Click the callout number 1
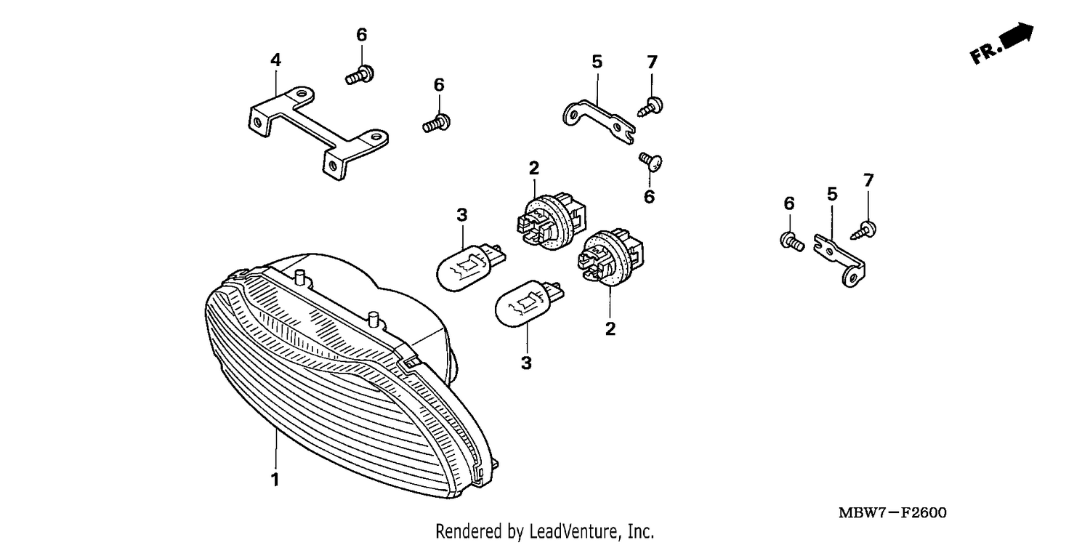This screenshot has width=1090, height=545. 275,480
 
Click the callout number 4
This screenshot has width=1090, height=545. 276,60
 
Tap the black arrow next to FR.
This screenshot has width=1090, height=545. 1018,36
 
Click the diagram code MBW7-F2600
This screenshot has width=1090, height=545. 892,513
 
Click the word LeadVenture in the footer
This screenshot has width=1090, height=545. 574,530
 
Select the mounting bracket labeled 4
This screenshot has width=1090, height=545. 319,133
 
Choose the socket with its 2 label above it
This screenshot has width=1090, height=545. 552,221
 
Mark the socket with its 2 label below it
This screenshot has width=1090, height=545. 610,257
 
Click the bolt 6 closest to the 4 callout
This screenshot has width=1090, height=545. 360,74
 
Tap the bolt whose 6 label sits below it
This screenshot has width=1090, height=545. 650,161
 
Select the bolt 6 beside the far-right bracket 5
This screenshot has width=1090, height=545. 792,242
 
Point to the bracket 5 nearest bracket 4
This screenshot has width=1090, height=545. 599,121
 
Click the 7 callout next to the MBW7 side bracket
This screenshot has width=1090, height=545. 868,180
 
